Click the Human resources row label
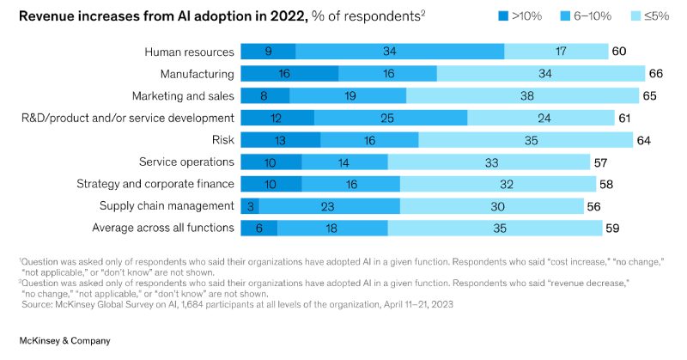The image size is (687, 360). coord(190,52)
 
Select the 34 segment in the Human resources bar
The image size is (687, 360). coord(399,52)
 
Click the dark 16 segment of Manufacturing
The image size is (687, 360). coord(289,74)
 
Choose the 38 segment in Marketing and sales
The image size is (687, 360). coord(522,95)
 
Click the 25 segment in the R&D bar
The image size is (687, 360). coord(391,118)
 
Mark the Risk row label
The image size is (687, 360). coord(222,139)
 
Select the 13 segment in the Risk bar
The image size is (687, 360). coord(280,139)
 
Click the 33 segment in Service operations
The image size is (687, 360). coord(489,162)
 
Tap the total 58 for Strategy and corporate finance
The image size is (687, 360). coord(607,183)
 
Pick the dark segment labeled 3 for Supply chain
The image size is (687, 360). coord(249,205)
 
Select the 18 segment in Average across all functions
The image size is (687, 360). coord(332,227)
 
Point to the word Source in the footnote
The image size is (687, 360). coord(36,304)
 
